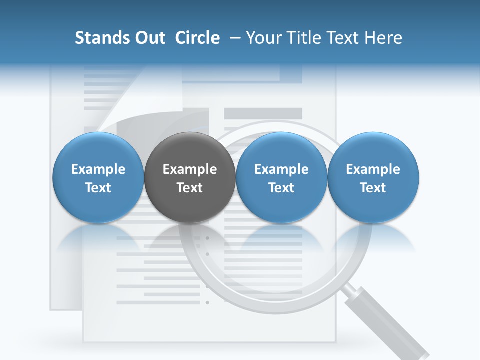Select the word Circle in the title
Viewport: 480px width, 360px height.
197,38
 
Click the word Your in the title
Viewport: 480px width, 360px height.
262,38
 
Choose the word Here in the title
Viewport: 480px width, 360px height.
383,38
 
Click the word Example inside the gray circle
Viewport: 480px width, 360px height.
190,170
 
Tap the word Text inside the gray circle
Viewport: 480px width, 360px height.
190,188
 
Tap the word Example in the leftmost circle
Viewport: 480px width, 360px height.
98,169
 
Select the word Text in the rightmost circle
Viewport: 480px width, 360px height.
373,188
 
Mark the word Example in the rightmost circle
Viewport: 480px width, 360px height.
373,169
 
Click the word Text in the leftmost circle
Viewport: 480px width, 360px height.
98,188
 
